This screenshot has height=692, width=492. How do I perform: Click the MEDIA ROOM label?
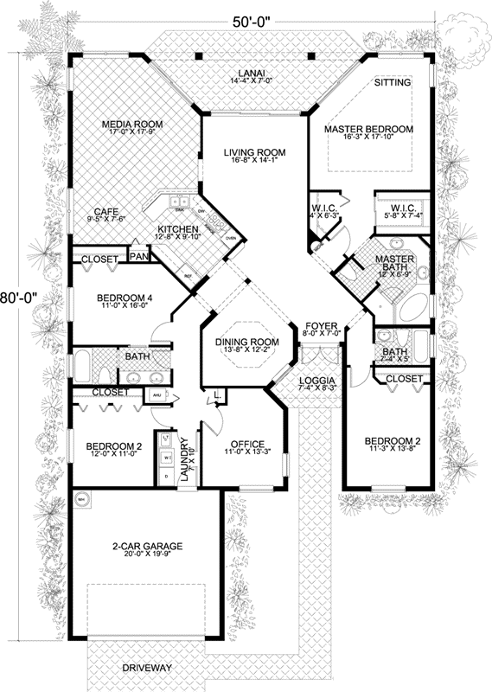click(125, 124)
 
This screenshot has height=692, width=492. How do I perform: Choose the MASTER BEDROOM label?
click(369, 129)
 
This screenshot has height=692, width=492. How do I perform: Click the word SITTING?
click(393, 83)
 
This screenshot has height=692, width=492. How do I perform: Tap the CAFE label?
click(106, 210)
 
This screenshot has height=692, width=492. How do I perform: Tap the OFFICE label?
click(246, 445)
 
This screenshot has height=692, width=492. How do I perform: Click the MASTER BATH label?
click(395, 263)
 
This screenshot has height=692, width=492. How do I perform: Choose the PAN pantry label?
click(137, 257)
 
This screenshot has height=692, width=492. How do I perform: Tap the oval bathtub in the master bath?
click(413, 304)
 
